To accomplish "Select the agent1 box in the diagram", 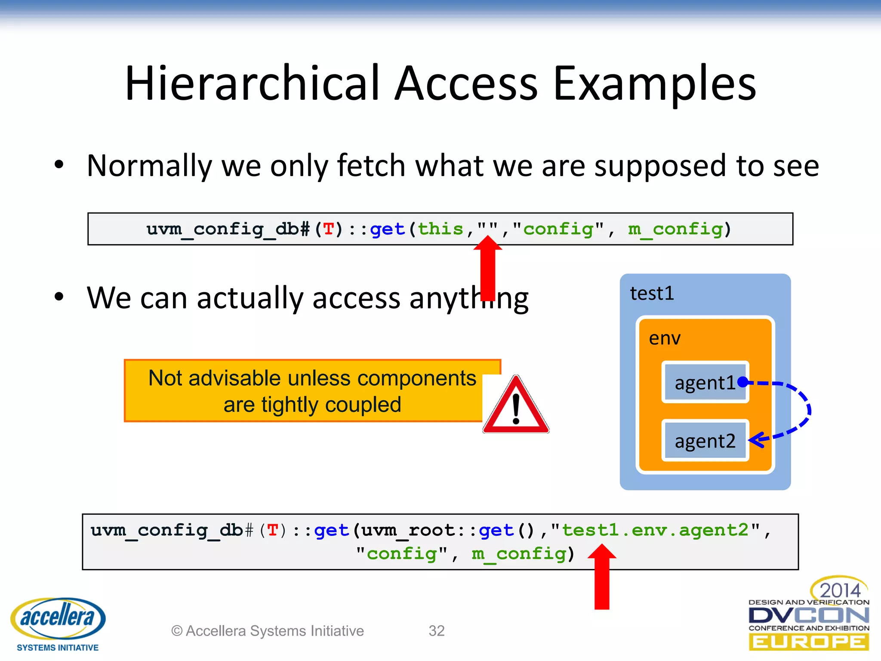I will [x=705, y=382].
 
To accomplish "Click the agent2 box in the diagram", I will [x=705, y=441].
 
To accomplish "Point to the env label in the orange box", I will [x=665, y=338].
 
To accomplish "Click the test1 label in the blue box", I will [x=652, y=293].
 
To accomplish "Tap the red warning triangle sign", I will [x=516, y=407].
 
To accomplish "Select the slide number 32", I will [x=436, y=630].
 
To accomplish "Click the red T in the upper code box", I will [x=329, y=229].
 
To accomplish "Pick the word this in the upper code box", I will [x=440, y=229].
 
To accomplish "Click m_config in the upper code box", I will [x=675, y=229].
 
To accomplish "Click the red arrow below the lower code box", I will [x=602, y=579].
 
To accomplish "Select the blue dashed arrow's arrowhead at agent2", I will [x=756, y=440].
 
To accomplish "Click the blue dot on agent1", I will [x=742, y=382].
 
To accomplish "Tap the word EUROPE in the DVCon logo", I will [x=808, y=642].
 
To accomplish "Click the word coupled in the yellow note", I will [x=363, y=405].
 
